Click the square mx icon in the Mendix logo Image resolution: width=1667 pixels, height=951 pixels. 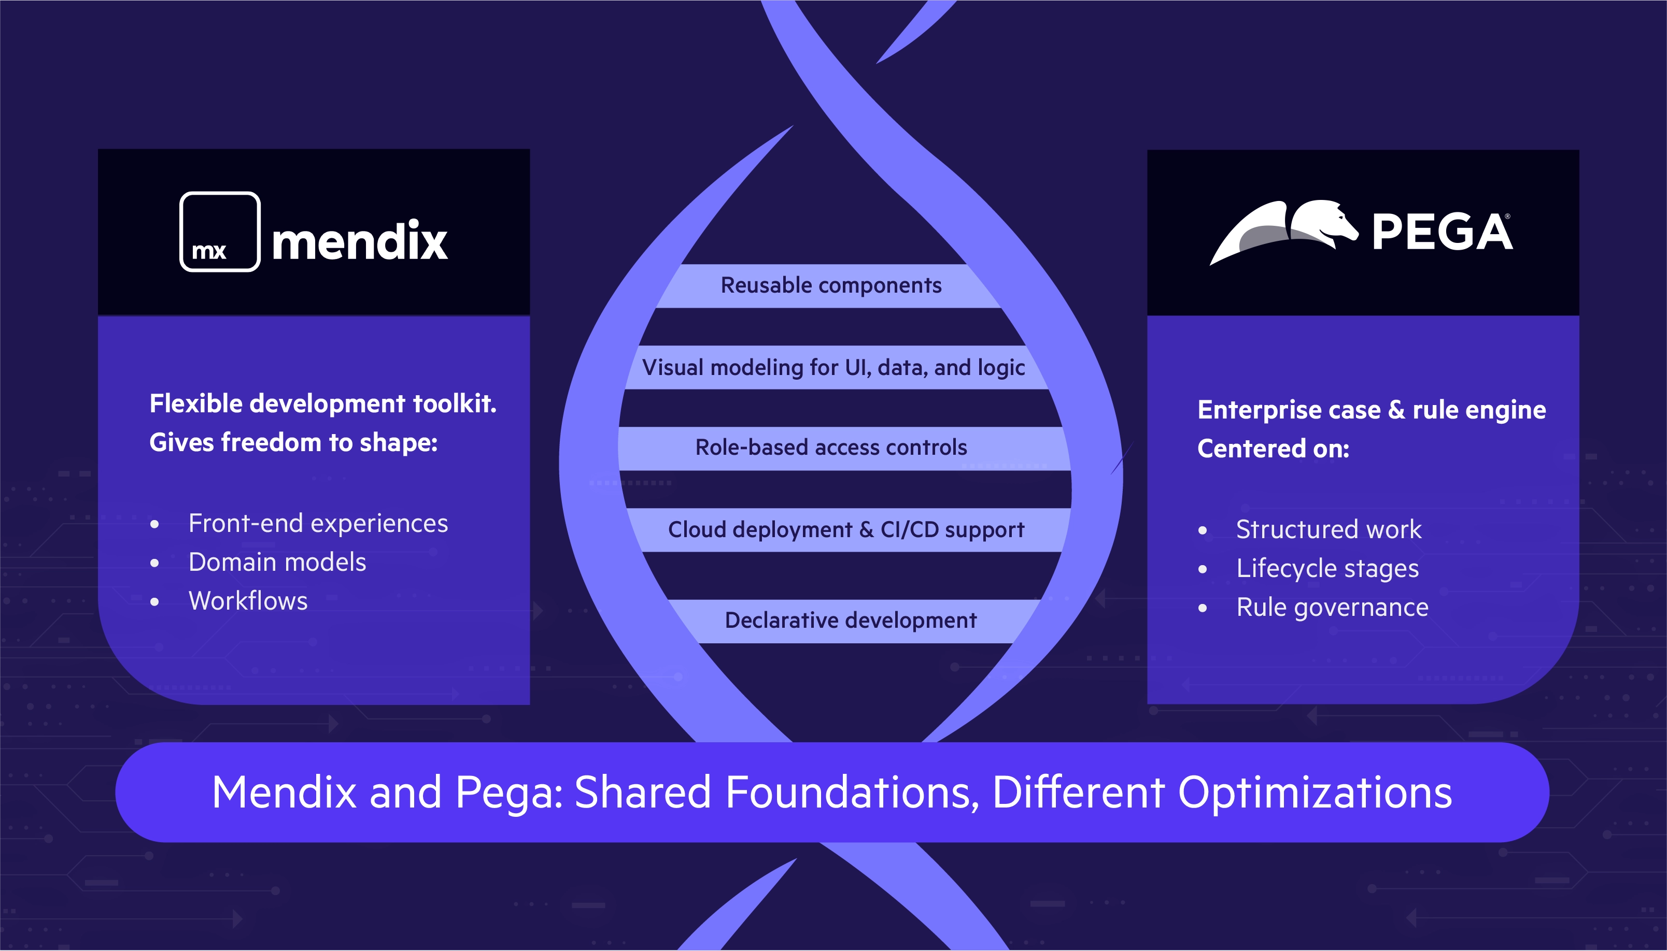pos(220,232)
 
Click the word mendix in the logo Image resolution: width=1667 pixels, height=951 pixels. pos(359,240)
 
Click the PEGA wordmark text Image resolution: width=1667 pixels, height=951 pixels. pos(1442,233)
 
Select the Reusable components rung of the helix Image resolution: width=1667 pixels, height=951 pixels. pos(830,285)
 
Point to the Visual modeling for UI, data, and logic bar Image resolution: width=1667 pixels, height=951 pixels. pos(833,368)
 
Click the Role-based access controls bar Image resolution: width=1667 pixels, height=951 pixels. pos(830,448)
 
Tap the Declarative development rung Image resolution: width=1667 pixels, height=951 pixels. pos(850,621)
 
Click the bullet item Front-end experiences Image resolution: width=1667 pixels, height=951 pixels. pos(318,524)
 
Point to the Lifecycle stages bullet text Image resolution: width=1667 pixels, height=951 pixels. pos(1327,568)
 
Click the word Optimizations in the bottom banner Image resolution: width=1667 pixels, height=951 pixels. pos(1314,793)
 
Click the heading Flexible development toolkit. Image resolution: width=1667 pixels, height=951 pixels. pos(323,404)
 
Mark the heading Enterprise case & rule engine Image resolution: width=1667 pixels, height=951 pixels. pos(1371,410)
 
